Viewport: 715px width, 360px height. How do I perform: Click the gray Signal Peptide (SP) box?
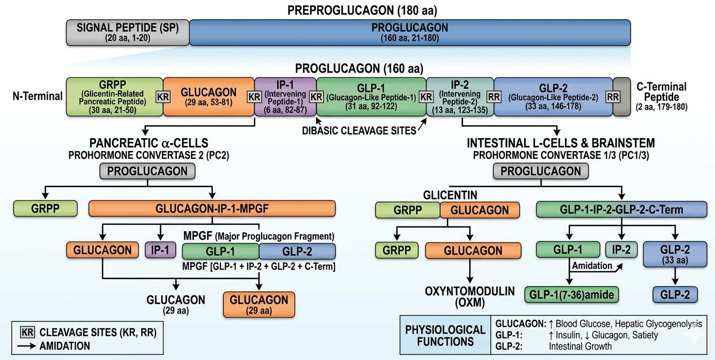click(x=128, y=33)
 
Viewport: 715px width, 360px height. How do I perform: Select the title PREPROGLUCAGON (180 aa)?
click(x=362, y=10)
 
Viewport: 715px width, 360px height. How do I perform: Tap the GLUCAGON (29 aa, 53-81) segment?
click(x=209, y=97)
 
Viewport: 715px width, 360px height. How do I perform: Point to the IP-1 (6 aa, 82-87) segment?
click(x=285, y=97)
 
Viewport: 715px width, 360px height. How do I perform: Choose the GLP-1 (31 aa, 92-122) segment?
click(x=371, y=97)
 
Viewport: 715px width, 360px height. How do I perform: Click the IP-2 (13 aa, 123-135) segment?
click(x=460, y=97)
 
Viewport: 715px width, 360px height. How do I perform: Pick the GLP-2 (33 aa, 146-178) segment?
click(x=553, y=97)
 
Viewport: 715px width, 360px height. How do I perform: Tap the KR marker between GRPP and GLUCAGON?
click(x=163, y=97)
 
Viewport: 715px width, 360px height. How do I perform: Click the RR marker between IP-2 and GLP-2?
click(x=494, y=97)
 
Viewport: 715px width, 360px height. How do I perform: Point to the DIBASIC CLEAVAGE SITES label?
click(x=359, y=131)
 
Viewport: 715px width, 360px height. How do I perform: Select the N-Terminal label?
click(x=38, y=96)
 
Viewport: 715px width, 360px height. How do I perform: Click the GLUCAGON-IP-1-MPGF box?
click(x=212, y=208)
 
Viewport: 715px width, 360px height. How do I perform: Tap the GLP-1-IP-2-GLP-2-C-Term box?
click(x=621, y=209)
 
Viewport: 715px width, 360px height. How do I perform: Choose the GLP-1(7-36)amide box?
click(x=572, y=294)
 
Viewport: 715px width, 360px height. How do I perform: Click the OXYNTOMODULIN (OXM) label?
click(x=470, y=297)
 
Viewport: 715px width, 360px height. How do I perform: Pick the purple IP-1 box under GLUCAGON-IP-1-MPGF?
click(x=160, y=250)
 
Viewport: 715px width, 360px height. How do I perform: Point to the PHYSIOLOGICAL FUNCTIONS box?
click(x=445, y=335)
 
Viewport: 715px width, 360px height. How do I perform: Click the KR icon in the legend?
click(x=27, y=332)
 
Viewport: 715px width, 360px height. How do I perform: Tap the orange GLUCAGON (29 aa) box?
click(x=259, y=305)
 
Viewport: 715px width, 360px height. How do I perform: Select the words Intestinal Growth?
click(x=580, y=346)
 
